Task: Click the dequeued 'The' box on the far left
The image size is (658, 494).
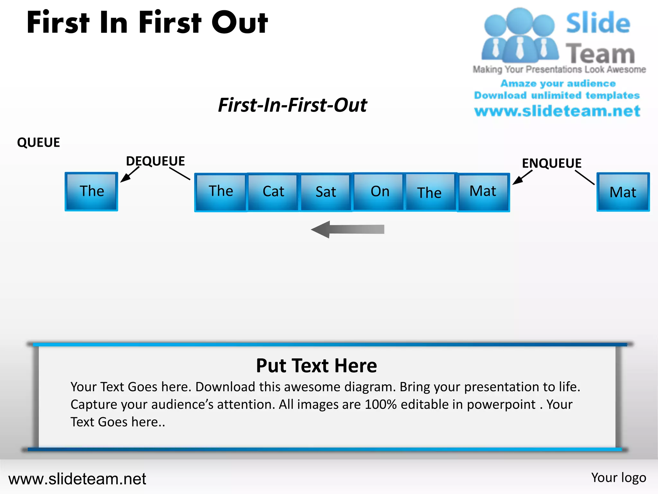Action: [92, 191]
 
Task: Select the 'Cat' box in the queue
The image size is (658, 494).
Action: [273, 192]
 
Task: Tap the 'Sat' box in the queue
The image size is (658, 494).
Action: [326, 192]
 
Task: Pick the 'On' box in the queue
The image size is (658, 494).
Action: [379, 192]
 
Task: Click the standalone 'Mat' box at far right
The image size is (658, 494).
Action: [623, 192]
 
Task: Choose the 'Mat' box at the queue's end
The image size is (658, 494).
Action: [483, 192]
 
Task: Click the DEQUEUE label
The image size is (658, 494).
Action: [155, 161]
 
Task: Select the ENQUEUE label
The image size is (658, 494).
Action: [551, 163]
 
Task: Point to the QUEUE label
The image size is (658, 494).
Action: [38, 142]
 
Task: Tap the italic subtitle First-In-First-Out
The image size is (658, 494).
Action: [292, 105]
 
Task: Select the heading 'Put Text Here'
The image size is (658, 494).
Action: [316, 366]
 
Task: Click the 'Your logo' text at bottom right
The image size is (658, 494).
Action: [618, 478]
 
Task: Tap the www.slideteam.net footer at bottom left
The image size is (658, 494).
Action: [77, 479]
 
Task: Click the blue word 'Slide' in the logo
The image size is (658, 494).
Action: [598, 23]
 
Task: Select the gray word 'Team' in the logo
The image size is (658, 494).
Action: [600, 53]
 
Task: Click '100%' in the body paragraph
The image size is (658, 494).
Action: [381, 405]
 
